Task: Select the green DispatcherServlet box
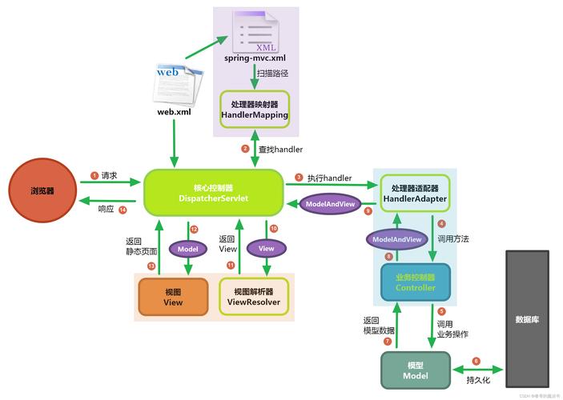pyautogui.click(x=214, y=193)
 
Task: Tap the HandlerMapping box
pyautogui.click(x=254, y=110)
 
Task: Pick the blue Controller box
pyautogui.click(x=415, y=282)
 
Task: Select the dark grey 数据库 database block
pyautogui.click(x=526, y=318)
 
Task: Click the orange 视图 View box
pyautogui.click(x=173, y=297)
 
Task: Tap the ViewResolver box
pyautogui.click(x=252, y=297)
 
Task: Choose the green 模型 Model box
pyautogui.click(x=416, y=370)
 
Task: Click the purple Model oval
pyautogui.click(x=187, y=249)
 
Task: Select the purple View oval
pyautogui.click(x=266, y=249)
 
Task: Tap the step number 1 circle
pyautogui.click(x=94, y=175)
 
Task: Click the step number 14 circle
pyautogui.click(x=123, y=210)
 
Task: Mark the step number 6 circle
pyautogui.click(x=476, y=361)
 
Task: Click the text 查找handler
pyautogui.click(x=279, y=149)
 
